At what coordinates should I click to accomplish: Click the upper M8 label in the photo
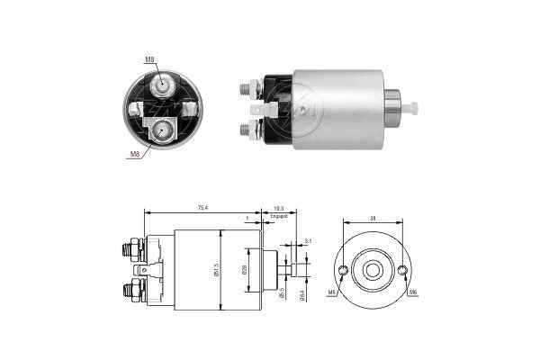coord(149,60)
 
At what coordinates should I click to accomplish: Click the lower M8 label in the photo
coord(135,154)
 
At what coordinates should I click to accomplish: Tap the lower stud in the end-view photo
coord(162,130)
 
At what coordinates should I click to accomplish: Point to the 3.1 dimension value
coord(308,240)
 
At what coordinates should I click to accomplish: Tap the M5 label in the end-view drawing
coord(332,292)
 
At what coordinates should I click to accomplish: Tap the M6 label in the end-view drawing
coord(412,292)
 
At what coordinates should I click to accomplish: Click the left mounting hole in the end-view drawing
coord(344,271)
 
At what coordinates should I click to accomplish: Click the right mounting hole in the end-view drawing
coord(402,271)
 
